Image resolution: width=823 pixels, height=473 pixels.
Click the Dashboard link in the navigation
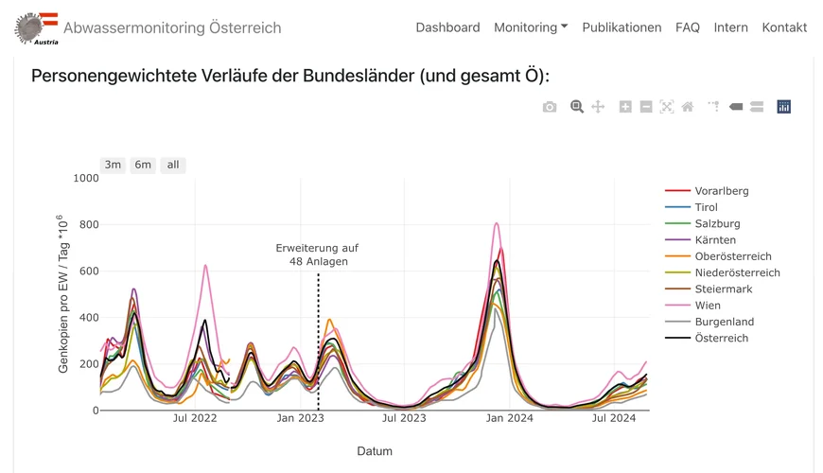coord(447,27)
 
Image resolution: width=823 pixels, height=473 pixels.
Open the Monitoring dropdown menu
coord(531,27)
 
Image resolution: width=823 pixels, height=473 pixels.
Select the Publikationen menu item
coord(622,27)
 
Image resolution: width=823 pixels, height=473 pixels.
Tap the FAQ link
coord(688,27)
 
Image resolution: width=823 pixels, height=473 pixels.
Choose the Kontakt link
coord(784,27)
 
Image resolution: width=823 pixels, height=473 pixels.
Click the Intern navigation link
coord(730,27)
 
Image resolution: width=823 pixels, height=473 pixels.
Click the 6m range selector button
coord(143,165)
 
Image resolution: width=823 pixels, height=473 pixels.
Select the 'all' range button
coord(173,165)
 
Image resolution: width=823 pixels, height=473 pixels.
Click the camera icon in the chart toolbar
coord(550,107)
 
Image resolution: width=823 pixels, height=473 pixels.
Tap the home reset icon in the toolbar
coord(688,107)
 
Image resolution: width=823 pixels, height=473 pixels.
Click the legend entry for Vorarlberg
coord(721,191)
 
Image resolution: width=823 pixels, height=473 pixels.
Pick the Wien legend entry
coord(708,306)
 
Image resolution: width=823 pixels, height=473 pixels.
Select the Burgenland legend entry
coord(724,322)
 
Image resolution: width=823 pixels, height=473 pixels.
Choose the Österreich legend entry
coord(721,338)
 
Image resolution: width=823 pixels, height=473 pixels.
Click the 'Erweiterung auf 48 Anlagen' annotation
coord(317,254)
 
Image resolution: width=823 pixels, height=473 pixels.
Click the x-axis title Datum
coord(375,451)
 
